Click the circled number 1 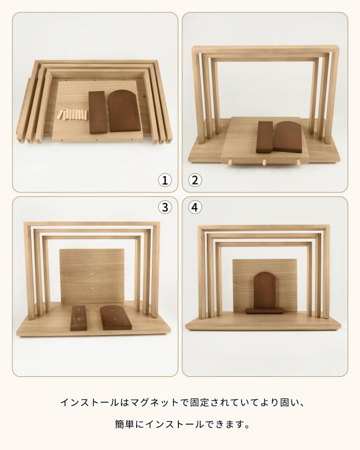pyautogui.click(x=165, y=180)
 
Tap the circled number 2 pyautogui.click(x=195, y=180)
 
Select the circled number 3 pyautogui.click(x=165, y=207)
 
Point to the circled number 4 pyautogui.click(x=195, y=207)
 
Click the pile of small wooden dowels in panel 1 pyautogui.click(x=72, y=115)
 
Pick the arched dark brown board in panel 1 pyautogui.click(x=124, y=111)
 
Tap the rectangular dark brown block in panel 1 pyautogui.click(x=98, y=112)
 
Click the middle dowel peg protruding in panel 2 pyautogui.click(x=264, y=163)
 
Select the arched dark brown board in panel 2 pyautogui.click(x=287, y=137)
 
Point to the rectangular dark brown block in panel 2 pyautogui.click(x=264, y=137)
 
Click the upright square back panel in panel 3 pyautogui.click(x=92, y=276)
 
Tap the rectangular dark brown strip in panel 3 pyautogui.click(x=79, y=318)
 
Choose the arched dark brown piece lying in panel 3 pyautogui.click(x=116, y=317)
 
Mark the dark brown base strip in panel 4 pyautogui.click(x=264, y=311)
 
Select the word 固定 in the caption pyautogui.click(x=200, y=402)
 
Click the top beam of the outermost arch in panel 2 pyautogui.click(x=265, y=48)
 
